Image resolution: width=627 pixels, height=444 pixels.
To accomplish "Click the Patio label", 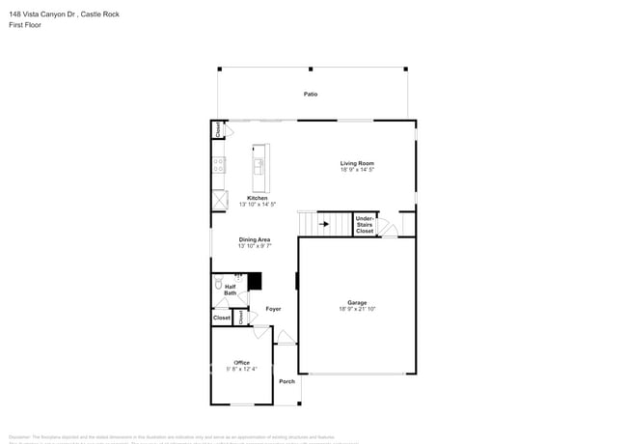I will pos(311,95).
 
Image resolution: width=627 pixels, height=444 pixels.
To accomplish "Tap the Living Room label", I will pos(356,163).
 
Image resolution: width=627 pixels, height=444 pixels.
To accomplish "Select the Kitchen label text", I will pos(258,199).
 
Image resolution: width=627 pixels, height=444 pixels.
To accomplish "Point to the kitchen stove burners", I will pos(219,165).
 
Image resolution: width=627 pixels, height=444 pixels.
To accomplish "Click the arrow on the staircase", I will pos(323,223).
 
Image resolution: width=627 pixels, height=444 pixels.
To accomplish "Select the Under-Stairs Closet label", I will pos(365,225).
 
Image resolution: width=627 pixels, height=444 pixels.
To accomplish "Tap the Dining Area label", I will pos(255,239).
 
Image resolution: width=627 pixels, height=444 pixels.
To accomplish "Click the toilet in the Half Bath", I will pos(219,285).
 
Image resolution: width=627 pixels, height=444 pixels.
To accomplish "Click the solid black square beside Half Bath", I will pos(255,281).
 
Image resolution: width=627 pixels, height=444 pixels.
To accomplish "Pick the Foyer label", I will pos(274,309).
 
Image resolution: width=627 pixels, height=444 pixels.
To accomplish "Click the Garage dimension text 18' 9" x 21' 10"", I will pos(357,309).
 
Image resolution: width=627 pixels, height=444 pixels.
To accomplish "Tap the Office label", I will pos(241,363).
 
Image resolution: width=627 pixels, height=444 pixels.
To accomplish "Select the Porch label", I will pos(286,381).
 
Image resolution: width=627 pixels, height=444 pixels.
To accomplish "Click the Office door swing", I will pos(259,332).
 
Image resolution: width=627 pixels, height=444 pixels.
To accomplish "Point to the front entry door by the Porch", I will pos(286,337).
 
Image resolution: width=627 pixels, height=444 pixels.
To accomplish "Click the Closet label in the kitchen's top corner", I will pos(216,129).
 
